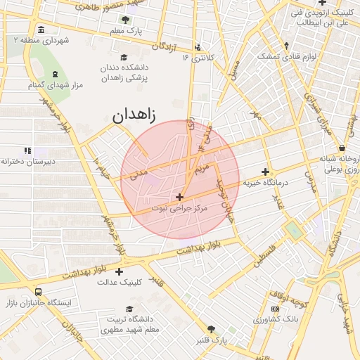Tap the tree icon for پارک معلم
pos(125,20)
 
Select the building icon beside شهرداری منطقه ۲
pos(41,30)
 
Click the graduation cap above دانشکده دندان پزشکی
pos(124,58)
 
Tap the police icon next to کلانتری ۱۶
pos(198,47)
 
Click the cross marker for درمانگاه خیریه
pos(265,171)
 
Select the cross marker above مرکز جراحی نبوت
pos(180,198)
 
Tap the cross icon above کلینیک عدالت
pos(119,271)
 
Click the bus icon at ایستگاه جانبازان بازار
pos(37,292)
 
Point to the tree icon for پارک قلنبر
pos(211,329)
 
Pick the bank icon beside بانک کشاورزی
pos(275,309)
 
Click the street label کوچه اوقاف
pos(293,302)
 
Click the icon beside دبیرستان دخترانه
pos(27,150)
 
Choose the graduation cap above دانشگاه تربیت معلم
pos(129,309)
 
